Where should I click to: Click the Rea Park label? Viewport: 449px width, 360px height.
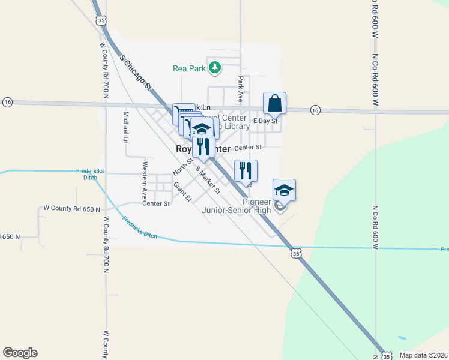pos(189,68)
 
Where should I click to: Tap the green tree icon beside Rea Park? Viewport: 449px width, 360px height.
pos(215,68)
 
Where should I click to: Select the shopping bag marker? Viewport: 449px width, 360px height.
pos(274,103)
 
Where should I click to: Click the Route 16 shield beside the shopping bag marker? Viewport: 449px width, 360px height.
pos(315,110)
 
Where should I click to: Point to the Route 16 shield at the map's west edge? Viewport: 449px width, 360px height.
pos(7,102)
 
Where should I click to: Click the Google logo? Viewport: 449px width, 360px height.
pos(20,353)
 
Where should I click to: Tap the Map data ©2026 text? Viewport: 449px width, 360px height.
pos(423,355)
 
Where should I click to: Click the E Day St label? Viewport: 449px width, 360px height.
pos(265,121)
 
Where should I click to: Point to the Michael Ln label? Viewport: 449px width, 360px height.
pos(126,127)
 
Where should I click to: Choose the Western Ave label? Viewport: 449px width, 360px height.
pos(145,179)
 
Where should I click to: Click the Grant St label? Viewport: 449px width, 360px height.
pos(182,192)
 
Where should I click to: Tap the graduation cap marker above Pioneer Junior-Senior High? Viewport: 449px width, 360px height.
pos(284,191)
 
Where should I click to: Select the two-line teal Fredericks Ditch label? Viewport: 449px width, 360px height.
pos(91,174)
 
